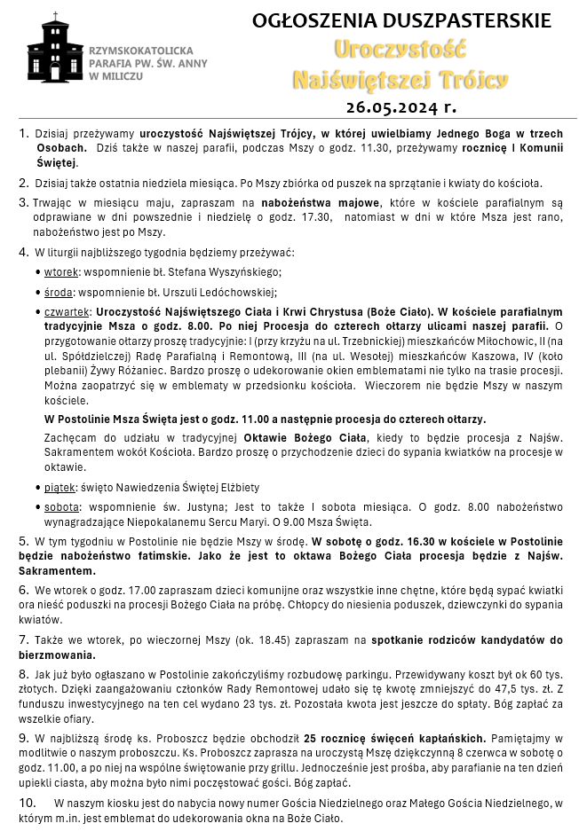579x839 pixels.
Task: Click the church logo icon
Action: [x=55, y=50]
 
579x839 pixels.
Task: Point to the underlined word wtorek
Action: [x=60, y=272]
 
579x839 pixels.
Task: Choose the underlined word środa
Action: [x=59, y=292]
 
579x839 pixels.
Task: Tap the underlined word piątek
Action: [x=59, y=487]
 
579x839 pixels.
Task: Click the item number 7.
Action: [x=24, y=639]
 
